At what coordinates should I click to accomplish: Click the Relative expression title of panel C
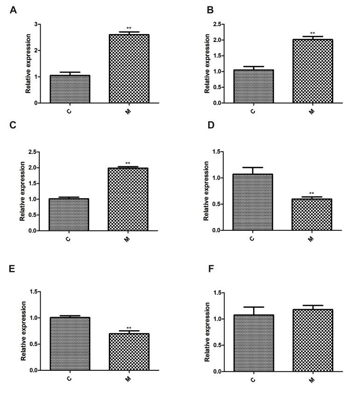(x=22, y=192)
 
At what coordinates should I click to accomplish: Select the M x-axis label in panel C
(x=127, y=239)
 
